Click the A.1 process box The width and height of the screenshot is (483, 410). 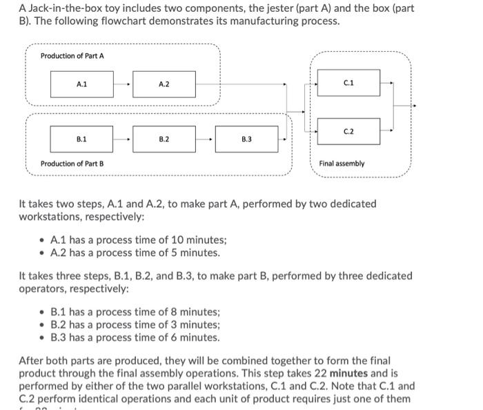[x=81, y=84]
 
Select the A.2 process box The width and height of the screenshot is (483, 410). [x=164, y=84]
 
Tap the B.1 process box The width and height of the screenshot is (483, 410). [x=81, y=139]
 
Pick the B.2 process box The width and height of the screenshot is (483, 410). [x=164, y=139]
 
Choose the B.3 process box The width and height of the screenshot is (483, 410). [x=246, y=139]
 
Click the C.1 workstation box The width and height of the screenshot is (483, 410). [x=348, y=82]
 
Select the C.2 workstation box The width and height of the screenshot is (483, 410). [x=348, y=130]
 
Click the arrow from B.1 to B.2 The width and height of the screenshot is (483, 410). [x=123, y=139]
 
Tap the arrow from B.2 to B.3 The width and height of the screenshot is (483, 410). [x=206, y=139]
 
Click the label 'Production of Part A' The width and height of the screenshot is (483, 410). [x=72, y=55]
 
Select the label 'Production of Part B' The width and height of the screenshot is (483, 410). [x=72, y=164]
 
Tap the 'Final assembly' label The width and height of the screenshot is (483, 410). [x=342, y=164]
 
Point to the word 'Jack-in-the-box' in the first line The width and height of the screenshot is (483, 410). [x=66, y=8]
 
